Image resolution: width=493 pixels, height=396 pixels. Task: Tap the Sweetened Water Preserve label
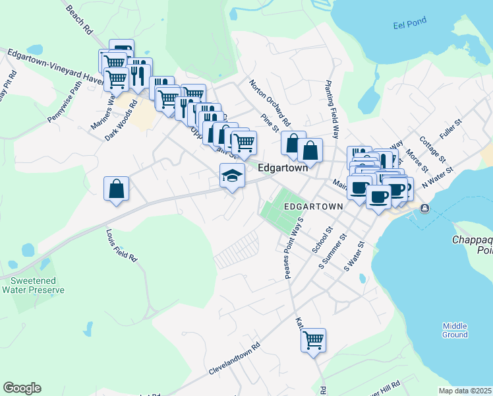[x=33, y=284]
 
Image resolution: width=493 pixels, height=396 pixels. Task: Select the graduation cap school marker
[x=232, y=176]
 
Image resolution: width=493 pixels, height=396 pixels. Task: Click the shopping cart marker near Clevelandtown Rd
[x=314, y=341]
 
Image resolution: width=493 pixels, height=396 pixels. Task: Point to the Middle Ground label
[x=455, y=330]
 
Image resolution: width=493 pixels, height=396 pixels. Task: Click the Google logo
[x=22, y=388]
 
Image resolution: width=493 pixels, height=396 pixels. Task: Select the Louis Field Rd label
[x=121, y=245]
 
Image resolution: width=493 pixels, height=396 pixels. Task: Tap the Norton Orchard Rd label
[x=270, y=103]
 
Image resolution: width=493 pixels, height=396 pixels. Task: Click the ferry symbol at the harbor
[x=424, y=209]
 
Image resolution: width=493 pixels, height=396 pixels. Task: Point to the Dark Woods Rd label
[x=121, y=119]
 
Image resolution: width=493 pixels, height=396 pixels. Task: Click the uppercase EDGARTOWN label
[x=313, y=207]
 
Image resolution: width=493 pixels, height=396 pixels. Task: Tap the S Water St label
[x=354, y=257]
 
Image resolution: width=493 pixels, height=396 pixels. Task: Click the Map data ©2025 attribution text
[x=465, y=391]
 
